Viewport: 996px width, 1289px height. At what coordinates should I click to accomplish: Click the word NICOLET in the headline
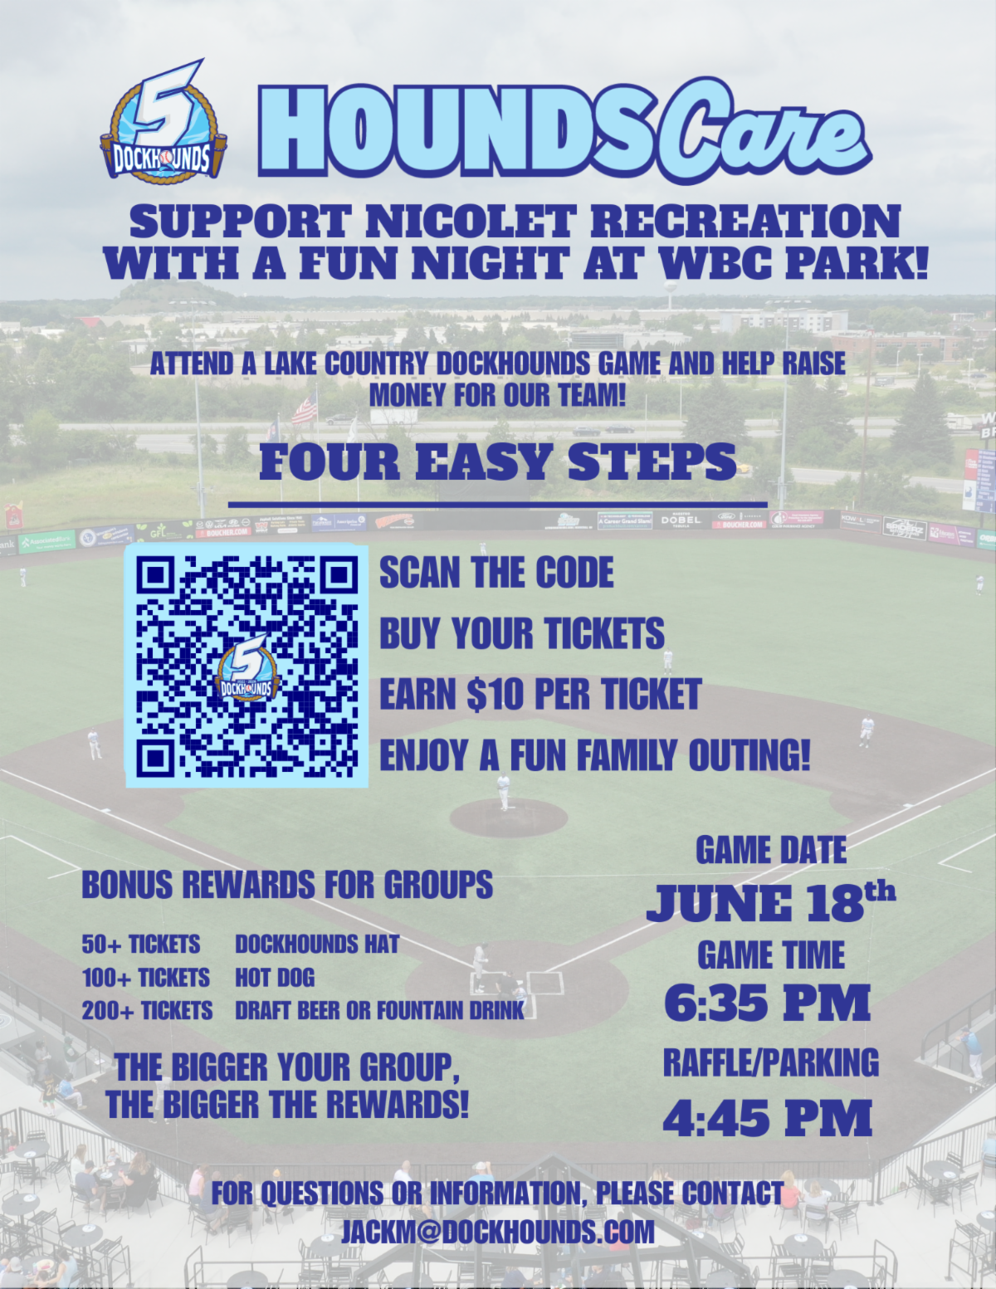click(470, 222)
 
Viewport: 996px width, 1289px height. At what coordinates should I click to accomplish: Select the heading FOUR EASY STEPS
click(498, 461)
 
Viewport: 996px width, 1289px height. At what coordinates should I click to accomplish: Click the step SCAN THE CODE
click(496, 573)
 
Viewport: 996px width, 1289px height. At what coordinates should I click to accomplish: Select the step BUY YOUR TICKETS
click(522, 633)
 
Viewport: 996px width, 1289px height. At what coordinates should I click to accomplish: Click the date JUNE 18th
click(770, 902)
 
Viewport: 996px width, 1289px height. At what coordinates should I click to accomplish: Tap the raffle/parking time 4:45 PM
click(769, 1117)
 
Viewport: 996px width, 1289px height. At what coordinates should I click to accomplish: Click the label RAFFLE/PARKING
click(771, 1062)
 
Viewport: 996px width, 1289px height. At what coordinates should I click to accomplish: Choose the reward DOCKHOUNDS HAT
click(317, 944)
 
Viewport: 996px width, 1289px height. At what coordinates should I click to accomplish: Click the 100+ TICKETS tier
click(146, 977)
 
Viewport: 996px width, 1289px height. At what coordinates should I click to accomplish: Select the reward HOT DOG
click(275, 977)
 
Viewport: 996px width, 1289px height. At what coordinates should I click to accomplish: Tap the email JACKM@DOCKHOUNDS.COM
click(498, 1232)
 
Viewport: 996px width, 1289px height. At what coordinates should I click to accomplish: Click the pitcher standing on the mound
click(504, 793)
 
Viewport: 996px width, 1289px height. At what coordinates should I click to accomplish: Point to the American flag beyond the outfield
click(305, 408)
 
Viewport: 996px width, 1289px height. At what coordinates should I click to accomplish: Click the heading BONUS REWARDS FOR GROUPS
click(287, 885)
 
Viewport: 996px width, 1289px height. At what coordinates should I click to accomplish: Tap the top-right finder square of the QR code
click(338, 574)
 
